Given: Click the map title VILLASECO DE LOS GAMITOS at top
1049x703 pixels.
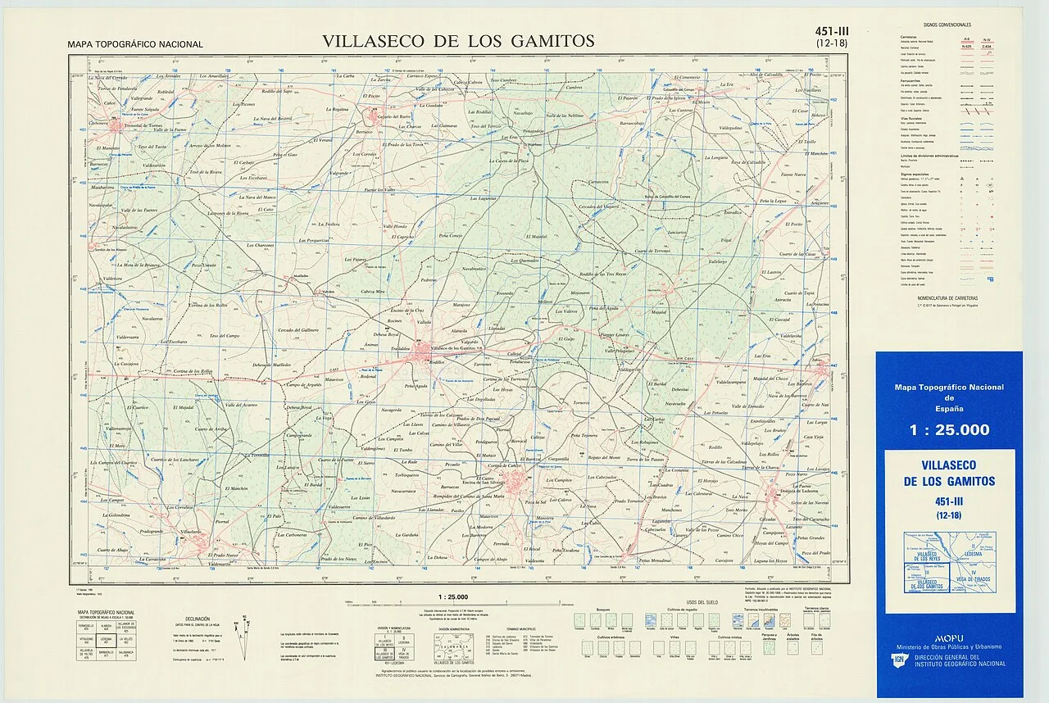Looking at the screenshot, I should pyautogui.click(x=458, y=41).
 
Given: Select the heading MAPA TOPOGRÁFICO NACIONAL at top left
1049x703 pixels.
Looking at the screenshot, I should pyautogui.click(x=134, y=44).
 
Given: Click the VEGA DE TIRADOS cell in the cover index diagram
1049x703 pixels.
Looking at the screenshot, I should pyautogui.click(x=973, y=579).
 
